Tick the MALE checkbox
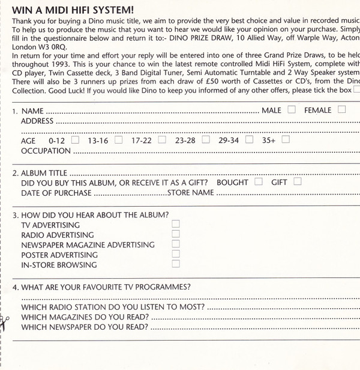(x=291, y=110)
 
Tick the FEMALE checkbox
(x=341, y=110)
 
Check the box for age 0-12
(x=75, y=140)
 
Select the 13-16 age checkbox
(x=119, y=140)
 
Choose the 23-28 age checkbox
(x=206, y=140)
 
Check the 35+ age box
(x=286, y=140)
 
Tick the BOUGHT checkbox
(x=259, y=181)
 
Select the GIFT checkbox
(x=297, y=181)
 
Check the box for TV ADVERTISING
(x=176, y=224)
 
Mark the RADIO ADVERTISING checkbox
(x=176, y=234)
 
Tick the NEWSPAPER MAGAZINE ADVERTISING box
(x=176, y=244)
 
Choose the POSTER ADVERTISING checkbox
(x=176, y=254)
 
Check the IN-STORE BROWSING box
(x=176, y=264)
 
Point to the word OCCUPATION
(x=46, y=151)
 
